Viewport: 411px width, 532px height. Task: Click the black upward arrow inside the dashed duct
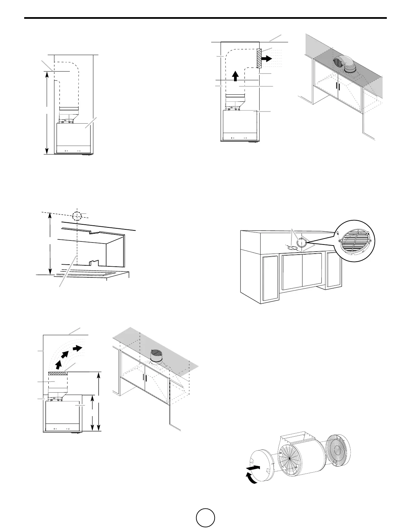(235, 76)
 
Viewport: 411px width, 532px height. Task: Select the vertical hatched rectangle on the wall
(259, 58)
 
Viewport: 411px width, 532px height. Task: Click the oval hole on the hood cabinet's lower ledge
(292, 248)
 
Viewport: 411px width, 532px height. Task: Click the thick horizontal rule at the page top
(205, 18)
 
